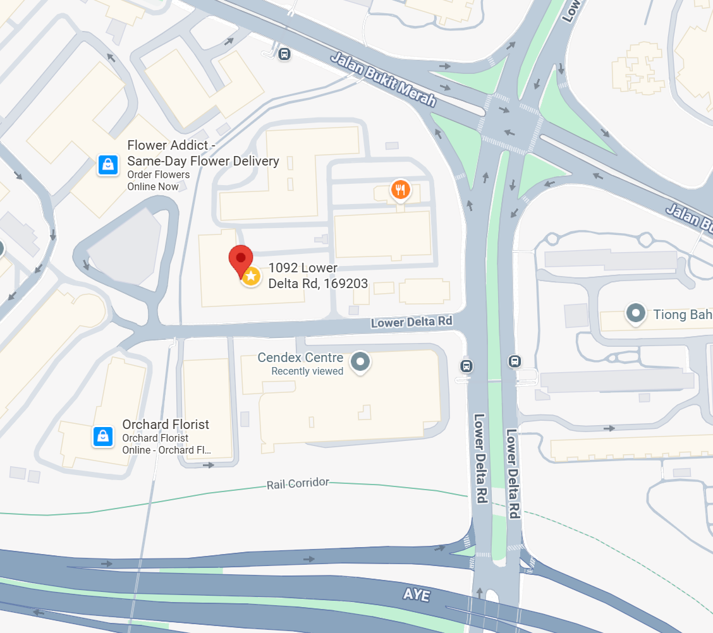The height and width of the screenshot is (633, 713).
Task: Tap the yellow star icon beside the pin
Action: (251, 276)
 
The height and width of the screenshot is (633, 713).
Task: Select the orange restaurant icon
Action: (399, 189)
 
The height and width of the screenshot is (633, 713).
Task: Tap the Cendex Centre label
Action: (300, 358)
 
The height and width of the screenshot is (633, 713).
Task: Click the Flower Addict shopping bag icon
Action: (107, 165)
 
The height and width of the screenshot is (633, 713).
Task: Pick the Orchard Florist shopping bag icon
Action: (102, 436)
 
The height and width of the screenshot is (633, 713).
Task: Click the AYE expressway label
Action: (416, 595)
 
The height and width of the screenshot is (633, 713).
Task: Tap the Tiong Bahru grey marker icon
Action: (635, 312)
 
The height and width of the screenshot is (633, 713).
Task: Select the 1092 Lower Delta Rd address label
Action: (317, 276)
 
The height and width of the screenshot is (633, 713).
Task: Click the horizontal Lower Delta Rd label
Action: (411, 322)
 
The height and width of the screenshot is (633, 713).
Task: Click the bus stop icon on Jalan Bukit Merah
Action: (284, 54)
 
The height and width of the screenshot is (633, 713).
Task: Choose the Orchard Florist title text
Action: (166, 425)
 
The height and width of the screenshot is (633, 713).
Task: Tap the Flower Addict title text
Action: (202, 153)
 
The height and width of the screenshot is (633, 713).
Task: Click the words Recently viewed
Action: (307, 371)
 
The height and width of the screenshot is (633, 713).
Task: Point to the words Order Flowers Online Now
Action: (158, 181)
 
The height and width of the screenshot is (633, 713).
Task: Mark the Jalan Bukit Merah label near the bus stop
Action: (384, 80)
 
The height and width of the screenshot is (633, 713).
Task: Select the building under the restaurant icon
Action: (382, 235)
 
